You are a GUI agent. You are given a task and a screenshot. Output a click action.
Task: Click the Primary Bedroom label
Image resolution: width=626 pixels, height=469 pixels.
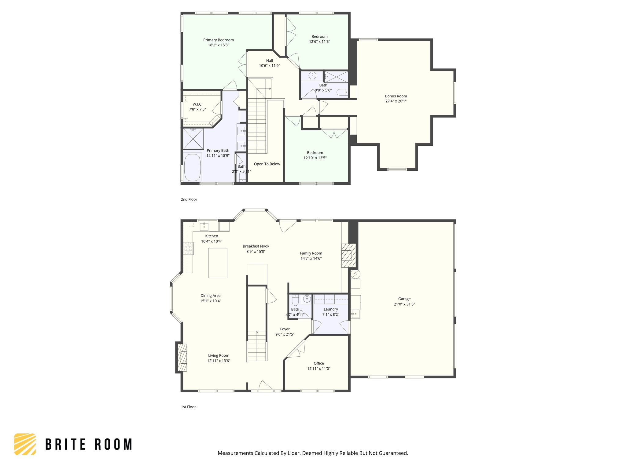click(x=218, y=40)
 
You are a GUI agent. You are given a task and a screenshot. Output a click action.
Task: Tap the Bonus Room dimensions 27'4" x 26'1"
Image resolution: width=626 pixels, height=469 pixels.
click(x=396, y=101)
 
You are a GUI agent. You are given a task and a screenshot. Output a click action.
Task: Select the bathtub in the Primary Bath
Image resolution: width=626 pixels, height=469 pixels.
click(x=193, y=168)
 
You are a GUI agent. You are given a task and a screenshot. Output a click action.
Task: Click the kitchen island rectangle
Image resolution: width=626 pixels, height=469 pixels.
click(x=218, y=263)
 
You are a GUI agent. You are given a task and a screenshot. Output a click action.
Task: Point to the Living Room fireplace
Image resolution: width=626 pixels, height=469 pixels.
click(x=182, y=358)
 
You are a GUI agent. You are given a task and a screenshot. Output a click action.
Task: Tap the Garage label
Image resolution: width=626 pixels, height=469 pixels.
click(x=404, y=299)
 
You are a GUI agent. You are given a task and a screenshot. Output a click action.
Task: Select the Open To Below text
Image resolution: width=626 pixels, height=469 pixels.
click(x=267, y=164)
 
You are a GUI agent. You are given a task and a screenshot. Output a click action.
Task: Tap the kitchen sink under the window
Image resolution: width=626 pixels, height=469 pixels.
click(x=204, y=227)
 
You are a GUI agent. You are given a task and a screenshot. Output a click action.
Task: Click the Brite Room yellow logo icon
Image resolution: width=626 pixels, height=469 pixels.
click(x=25, y=444)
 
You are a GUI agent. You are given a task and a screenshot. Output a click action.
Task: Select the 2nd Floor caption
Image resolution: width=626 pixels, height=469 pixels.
click(x=189, y=199)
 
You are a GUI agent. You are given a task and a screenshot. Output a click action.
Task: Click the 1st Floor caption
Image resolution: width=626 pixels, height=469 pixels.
click(x=188, y=407)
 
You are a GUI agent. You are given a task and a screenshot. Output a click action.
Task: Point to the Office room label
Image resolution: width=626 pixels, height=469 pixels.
click(x=319, y=363)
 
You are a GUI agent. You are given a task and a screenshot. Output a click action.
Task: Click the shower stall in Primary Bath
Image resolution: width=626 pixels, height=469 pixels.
click(x=193, y=139)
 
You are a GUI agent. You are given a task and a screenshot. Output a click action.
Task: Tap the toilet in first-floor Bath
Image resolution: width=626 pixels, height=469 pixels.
click(x=295, y=301)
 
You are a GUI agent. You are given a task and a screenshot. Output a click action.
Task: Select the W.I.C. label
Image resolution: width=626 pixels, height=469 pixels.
click(x=197, y=104)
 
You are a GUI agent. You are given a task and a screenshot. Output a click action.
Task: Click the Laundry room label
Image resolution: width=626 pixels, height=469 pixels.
click(x=331, y=309)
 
